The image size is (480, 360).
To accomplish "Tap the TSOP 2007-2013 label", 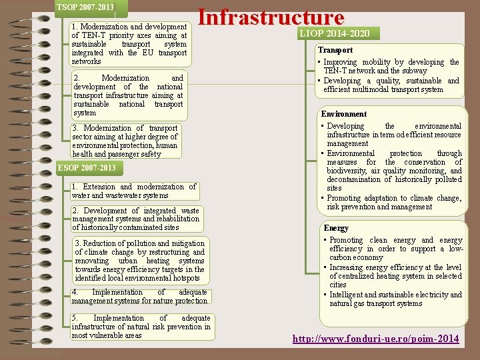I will pos(85,7).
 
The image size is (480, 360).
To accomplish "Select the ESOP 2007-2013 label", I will pos(87,167).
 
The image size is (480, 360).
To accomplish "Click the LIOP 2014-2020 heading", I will pos(339,33).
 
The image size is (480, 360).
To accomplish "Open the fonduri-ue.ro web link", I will pos(375,339).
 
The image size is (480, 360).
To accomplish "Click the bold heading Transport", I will pos(335,50).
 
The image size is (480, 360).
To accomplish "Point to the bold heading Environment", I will pos(344,114).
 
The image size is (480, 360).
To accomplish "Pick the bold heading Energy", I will pos(335,228).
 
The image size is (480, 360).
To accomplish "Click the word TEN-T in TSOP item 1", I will pos(92,35).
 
